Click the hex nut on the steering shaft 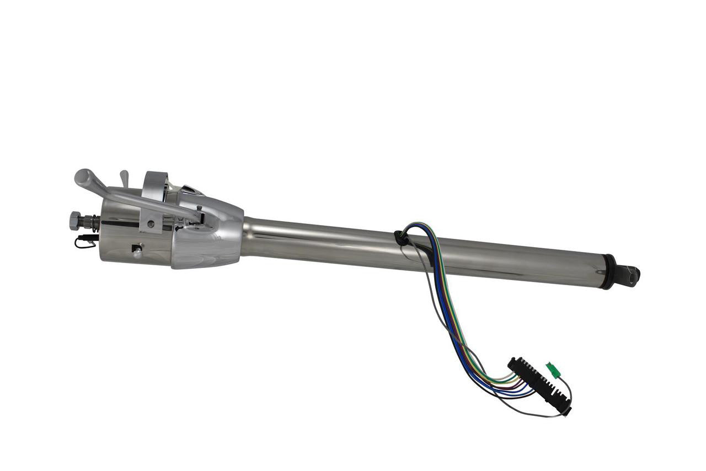click(76, 220)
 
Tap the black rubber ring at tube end click(608, 271)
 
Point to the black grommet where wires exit click(402, 238)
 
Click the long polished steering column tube click(419, 248)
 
